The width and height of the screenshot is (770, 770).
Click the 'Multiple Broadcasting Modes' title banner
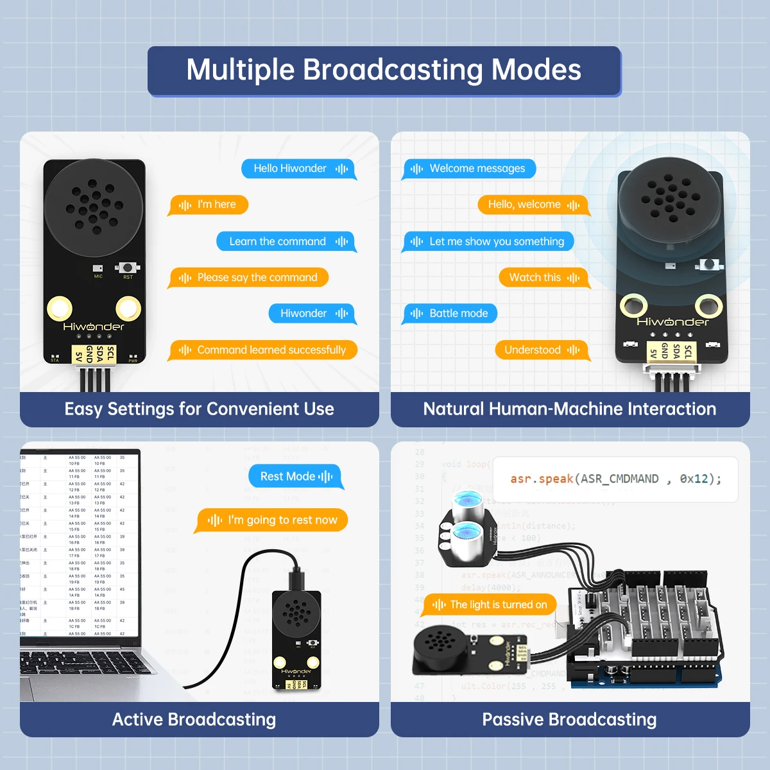pos(384,71)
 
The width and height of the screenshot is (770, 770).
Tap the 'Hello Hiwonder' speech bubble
pos(298,169)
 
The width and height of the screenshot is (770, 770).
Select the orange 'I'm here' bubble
pos(209,205)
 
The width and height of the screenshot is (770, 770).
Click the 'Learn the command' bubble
pos(286,241)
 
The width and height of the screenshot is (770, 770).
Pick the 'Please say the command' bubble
pos(249,278)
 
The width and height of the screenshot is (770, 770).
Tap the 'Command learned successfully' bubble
pos(264,350)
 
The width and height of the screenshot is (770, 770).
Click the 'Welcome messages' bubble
pos(470,169)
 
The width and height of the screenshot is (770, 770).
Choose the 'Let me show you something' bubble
pos(489,241)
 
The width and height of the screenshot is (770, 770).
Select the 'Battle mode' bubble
pos(450,314)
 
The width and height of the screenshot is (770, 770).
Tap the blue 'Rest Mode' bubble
pos(295,477)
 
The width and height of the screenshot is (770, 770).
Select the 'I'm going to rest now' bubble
pos(272,520)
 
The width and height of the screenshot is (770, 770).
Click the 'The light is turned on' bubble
pos(490,604)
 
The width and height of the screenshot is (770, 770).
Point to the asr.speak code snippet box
pos(615,479)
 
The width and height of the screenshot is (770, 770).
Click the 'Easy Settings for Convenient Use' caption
pos(199,409)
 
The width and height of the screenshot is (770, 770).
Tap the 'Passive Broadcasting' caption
pos(569,719)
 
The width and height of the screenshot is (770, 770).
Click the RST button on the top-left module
pos(128,268)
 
